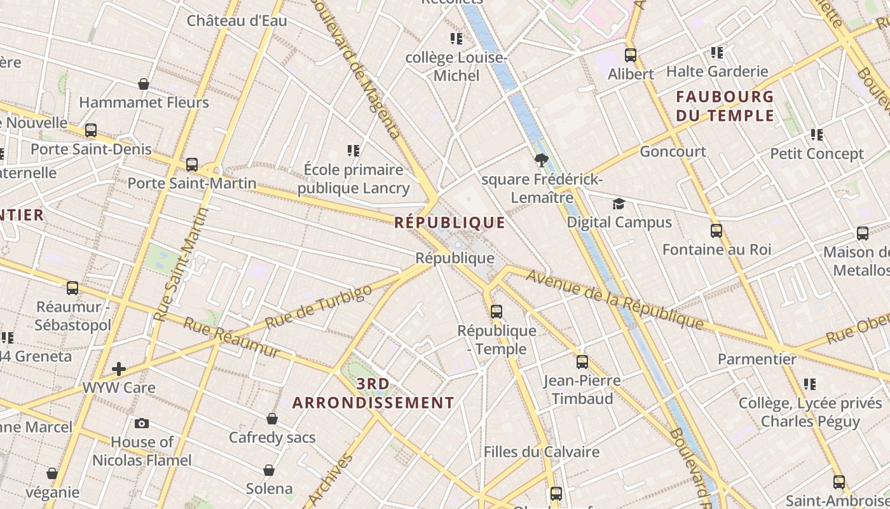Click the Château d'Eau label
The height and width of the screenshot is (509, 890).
point(236,20)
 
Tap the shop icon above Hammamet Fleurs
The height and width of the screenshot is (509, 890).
point(144,84)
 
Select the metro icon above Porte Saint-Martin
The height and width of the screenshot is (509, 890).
point(192,165)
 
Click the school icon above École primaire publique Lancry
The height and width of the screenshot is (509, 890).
point(353,151)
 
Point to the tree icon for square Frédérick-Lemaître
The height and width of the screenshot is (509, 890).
point(542,160)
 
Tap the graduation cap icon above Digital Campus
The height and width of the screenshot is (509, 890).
point(619,204)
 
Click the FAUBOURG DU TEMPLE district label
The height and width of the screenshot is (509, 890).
point(725,106)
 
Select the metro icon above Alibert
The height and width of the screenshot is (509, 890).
point(631,55)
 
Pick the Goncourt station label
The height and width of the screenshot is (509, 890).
point(673,151)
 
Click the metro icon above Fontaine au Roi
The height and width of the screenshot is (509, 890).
point(716,231)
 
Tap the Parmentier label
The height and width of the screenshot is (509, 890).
point(756,359)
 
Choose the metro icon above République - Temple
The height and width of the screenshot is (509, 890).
point(496,312)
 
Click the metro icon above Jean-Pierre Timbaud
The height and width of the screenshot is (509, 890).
point(582,362)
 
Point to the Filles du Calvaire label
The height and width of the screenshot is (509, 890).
point(541,452)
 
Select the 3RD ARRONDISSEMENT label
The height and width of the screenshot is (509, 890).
point(373,393)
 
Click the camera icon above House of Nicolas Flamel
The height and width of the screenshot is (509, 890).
point(142,423)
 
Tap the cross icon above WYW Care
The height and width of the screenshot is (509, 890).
point(119,369)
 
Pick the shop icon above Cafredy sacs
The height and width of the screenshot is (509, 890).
point(272,419)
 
